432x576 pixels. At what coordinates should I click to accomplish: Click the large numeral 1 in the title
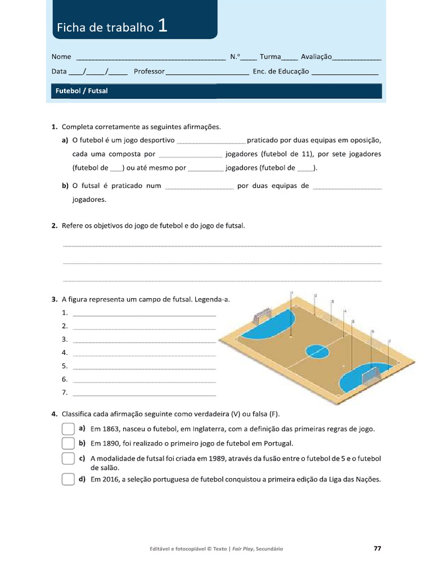pyautogui.click(x=163, y=25)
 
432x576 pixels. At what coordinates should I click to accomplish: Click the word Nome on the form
pyautogui.click(x=61, y=57)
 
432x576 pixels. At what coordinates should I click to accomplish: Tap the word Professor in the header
pyautogui.click(x=149, y=71)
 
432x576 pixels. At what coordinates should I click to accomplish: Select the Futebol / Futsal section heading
pyautogui.click(x=82, y=91)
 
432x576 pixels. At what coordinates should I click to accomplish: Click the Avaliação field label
pyautogui.click(x=316, y=57)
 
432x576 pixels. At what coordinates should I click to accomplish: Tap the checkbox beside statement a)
pyautogui.click(x=68, y=429)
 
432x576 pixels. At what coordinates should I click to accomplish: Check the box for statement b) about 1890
pyautogui.click(x=68, y=443)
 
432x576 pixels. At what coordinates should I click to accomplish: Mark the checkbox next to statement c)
pyautogui.click(x=68, y=458)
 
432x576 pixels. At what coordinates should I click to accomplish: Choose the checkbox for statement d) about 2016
pyautogui.click(x=68, y=480)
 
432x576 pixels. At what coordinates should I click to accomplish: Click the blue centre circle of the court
pyautogui.click(x=318, y=352)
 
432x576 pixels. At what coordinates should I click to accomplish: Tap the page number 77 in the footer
pyautogui.click(x=377, y=548)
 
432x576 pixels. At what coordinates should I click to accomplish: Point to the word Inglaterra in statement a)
pyautogui.click(x=204, y=429)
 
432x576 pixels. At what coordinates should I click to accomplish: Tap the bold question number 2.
pyautogui.click(x=55, y=226)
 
